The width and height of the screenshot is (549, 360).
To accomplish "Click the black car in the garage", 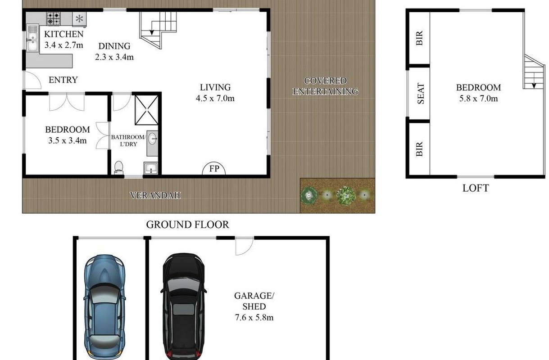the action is click(x=184, y=306).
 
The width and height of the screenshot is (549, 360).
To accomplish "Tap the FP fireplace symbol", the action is click(x=214, y=168).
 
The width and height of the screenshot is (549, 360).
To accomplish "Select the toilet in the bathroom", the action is click(x=119, y=168).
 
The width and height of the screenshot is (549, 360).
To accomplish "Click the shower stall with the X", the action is click(x=146, y=110).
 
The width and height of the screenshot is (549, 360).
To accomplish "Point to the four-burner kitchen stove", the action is click(x=54, y=18).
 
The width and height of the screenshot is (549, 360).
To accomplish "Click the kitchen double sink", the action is click(x=32, y=38).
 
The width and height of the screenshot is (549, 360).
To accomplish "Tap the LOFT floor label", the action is click(x=476, y=188).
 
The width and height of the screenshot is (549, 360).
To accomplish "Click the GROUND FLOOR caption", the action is click(x=187, y=225).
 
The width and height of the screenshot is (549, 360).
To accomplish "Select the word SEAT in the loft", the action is click(x=421, y=93).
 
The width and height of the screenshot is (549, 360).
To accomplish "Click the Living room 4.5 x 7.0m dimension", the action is click(x=215, y=99).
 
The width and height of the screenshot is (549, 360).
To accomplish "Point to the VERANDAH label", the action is click(x=155, y=195).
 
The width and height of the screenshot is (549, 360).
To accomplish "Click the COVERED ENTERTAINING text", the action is click(x=325, y=86).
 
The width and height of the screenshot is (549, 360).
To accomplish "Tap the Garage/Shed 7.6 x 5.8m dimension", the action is click(x=254, y=318).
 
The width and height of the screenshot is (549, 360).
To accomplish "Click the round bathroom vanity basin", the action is click(x=152, y=139).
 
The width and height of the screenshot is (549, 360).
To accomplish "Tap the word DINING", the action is click(x=114, y=46).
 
